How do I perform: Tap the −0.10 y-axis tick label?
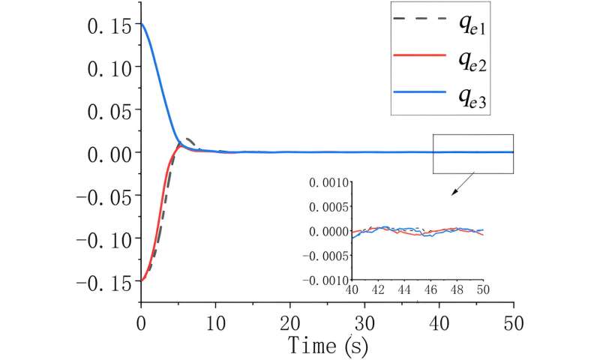pyautogui.click(x=104, y=238)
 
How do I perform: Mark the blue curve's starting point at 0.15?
pyautogui.click(x=142, y=25)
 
